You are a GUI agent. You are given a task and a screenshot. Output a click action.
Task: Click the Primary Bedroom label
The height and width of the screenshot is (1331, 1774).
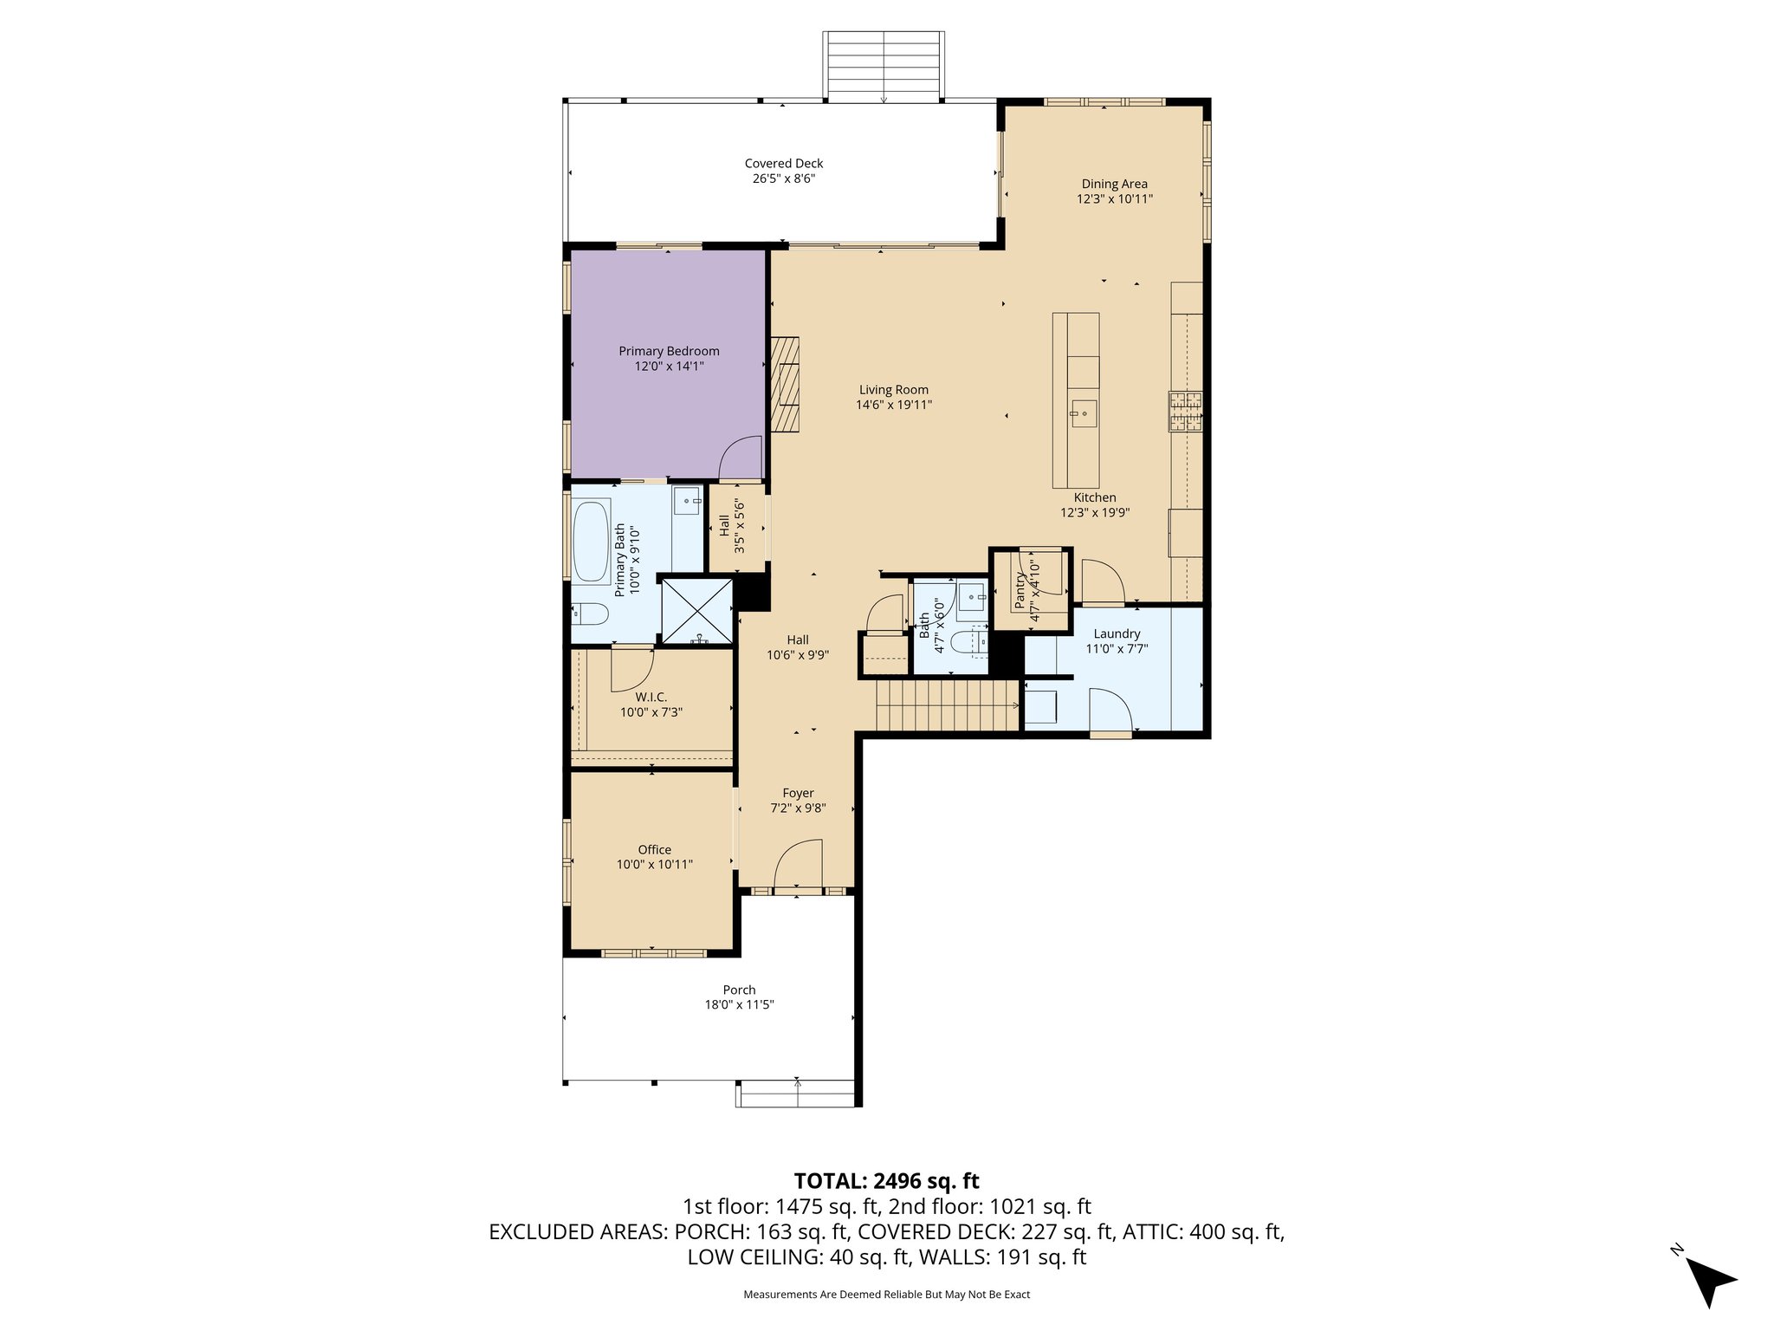pos(669,351)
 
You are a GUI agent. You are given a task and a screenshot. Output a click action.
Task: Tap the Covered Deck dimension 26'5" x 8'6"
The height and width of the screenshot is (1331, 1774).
pos(783,179)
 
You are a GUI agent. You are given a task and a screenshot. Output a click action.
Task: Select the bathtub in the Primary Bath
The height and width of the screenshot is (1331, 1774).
pos(592,542)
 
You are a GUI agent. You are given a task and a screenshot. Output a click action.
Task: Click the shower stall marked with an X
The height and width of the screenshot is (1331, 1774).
pos(696,611)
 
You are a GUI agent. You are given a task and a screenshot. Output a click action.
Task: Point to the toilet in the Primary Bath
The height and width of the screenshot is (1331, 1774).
pos(590,614)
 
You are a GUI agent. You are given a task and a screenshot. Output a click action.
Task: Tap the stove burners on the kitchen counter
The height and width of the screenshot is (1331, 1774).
pos(1186,412)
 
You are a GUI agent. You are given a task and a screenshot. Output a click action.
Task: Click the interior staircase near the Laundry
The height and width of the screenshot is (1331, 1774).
pos(946,705)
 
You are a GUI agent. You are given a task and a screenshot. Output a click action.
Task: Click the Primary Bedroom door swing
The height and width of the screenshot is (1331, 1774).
pos(742,458)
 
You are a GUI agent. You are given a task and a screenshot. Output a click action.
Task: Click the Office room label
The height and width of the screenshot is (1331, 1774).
pos(654,849)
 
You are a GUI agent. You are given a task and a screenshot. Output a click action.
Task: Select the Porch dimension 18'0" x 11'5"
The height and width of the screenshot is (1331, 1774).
pos(739,1005)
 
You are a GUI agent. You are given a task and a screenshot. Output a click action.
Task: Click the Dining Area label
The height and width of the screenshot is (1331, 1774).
pos(1114,184)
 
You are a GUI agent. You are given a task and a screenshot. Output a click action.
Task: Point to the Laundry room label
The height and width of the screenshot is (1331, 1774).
pos(1117,633)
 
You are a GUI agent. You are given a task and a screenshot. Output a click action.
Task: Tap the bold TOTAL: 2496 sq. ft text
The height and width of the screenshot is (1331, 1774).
pos(886,1180)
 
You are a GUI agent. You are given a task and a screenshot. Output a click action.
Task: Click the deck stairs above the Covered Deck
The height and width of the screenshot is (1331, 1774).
pos(883,65)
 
